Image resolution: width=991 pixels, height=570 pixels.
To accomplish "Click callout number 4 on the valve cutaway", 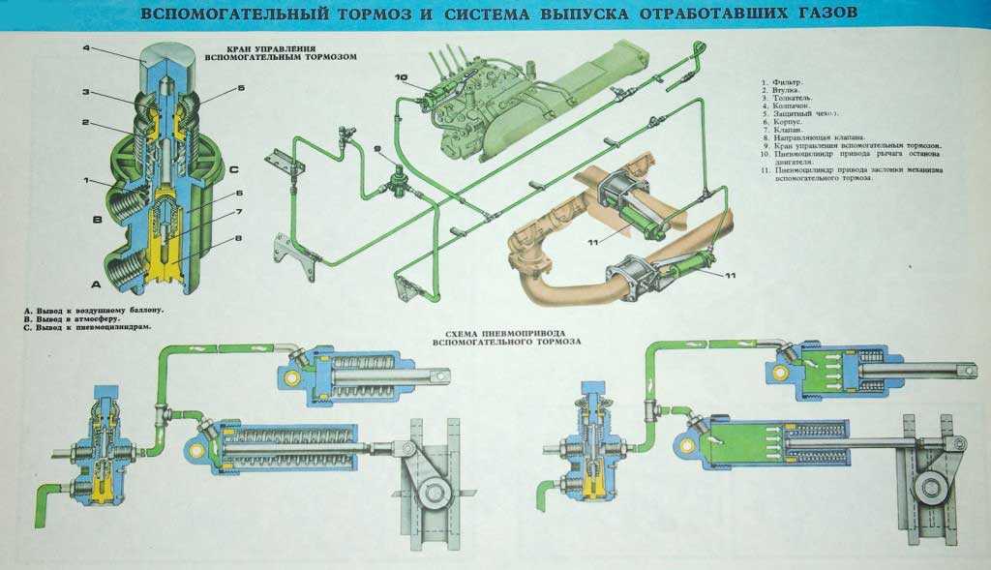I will (x=86, y=48).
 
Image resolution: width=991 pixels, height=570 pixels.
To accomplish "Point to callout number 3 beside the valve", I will (x=86, y=93).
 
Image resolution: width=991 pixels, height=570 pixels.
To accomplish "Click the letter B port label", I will (x=97, y=221).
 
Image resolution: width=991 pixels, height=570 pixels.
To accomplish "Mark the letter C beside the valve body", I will (x=235, y=171).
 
